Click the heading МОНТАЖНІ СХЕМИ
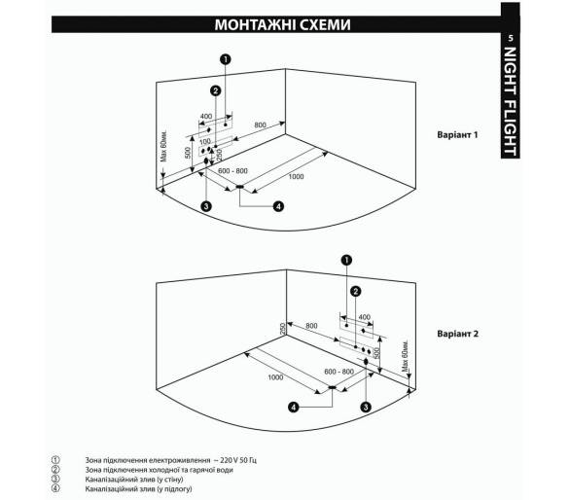(x=282, y=24)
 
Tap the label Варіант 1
(x=457, y=135)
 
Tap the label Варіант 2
(x=457, y=334)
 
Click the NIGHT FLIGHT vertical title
(x=511, y=101)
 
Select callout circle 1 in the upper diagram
(x=226, y=59)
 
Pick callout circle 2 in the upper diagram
(x=216, y=90)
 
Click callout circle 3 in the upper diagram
(x=206, y=206)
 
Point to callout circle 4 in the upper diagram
(x=278, y=206)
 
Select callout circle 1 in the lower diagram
(x=346, y=260)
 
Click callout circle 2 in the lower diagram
(x=356, y=291)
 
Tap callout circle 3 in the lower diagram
(x=366, y=407)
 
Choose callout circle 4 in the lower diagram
(x=293, y=407)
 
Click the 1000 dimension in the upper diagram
(x=296, y=177)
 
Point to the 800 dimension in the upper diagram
(x=260, y=125)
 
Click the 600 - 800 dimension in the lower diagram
(x=338, y=372)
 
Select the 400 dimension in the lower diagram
(x=364, y=317)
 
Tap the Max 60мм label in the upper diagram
(x=164, y=146)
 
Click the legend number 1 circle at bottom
(x=55, y=460)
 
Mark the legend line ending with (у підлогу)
(x=138, y=488)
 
